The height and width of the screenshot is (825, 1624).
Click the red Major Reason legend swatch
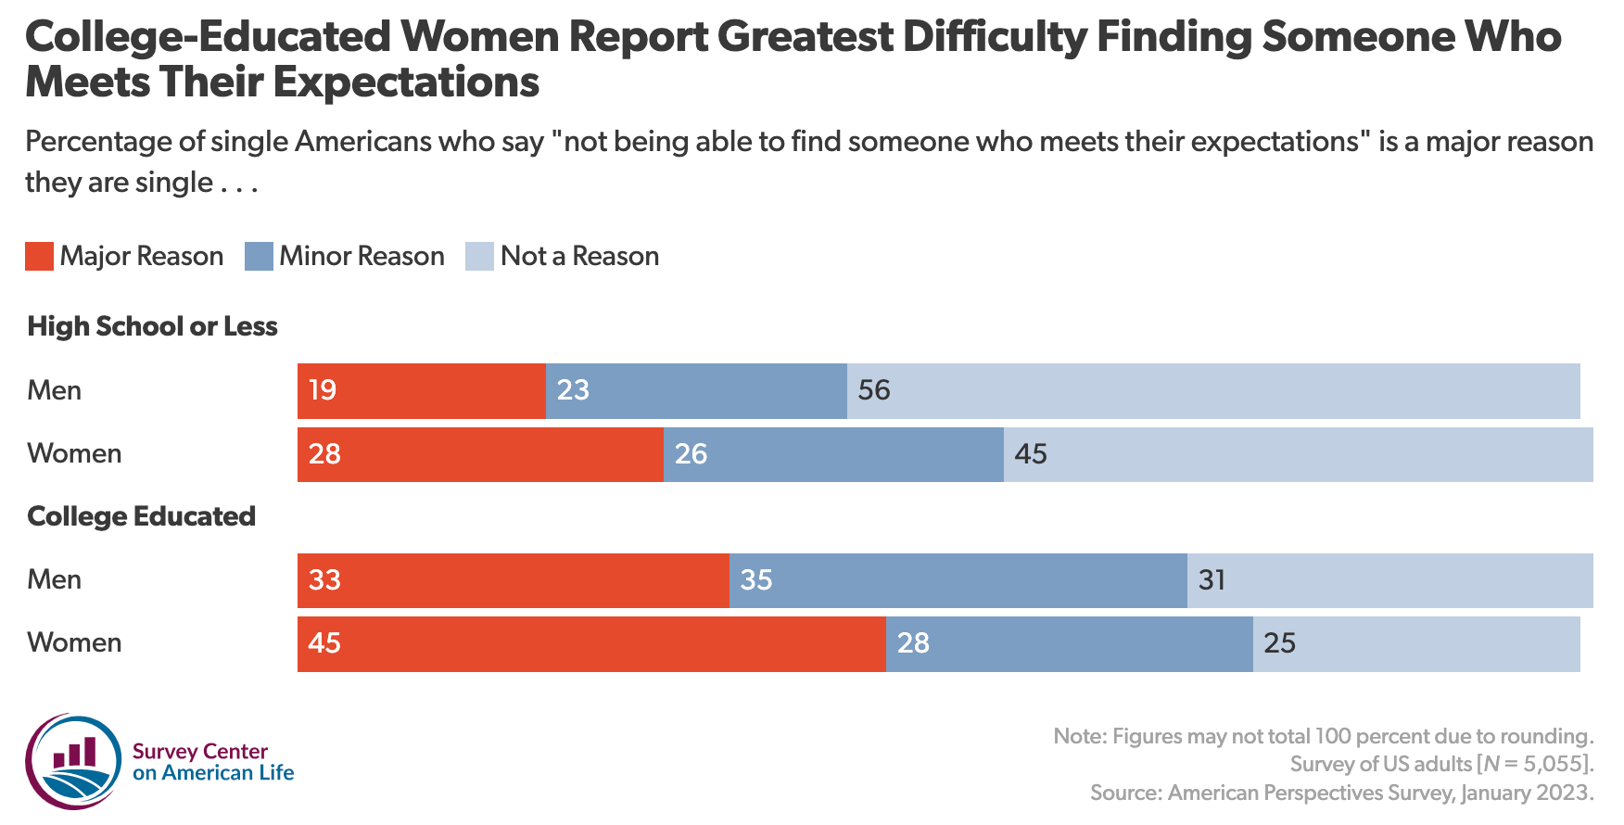(x=39, y=257)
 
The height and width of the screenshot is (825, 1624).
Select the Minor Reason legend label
(x=362, y=257)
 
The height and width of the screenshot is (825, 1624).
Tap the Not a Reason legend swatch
(x=479, y=257)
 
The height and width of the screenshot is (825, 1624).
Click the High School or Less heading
(x=152, y=326)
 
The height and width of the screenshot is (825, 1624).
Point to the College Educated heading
(x=141, y=516)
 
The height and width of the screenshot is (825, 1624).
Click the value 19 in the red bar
(x=323, y=390)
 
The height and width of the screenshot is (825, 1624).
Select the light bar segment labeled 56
(x=1212, y=390)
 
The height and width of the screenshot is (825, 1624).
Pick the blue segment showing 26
(x=832, y=454)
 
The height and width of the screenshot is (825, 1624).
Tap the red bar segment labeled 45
(x=590, y=643)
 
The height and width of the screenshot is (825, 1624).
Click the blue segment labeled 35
(x=958, y=580)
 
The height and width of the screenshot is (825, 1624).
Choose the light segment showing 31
(x=1389, y=580)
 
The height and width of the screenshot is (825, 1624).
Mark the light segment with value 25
(x=1415, y=643)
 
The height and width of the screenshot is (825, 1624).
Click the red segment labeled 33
(x=513, y=580)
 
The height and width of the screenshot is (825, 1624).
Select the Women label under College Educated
(x=74, y=643)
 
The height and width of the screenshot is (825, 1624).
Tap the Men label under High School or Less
(x=54, y=390)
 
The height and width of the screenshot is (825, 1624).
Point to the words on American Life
(x=213, y=773)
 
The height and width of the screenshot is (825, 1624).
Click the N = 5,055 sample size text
(x=1533, y=764)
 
